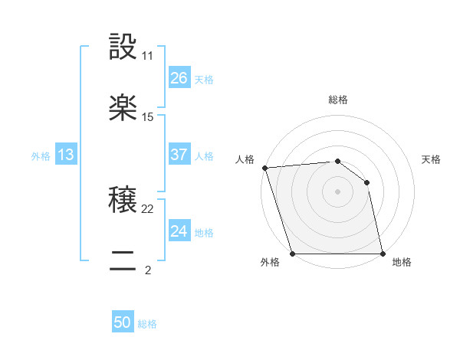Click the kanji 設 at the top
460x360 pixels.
point(123,47)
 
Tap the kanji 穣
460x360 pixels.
point(123,201)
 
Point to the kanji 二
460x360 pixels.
point(123,263)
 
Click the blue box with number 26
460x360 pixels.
point(179,78)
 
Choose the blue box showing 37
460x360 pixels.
point(179,155)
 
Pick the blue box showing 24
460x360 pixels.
point(179,231)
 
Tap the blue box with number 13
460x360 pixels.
point(66,155)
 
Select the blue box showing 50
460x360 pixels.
point(123,322)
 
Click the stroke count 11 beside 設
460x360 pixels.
point(148,56)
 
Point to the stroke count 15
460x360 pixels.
point(148,117)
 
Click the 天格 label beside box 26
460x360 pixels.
point(204,79)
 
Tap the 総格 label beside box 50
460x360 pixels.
point(147,324)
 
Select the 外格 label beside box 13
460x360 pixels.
point(41,155)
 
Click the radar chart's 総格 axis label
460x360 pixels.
point(338,100)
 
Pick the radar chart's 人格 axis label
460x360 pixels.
point(245,159)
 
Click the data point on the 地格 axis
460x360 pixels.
point(383,253)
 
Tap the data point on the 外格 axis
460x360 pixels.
point(292,253)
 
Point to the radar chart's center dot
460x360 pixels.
point(337,191)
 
